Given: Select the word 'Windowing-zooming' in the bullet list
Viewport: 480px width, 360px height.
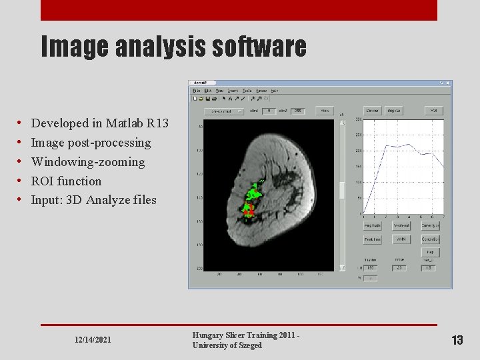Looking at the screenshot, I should [x=88, y=162].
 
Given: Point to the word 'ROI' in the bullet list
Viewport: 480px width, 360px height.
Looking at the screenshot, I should [x=43, y=181].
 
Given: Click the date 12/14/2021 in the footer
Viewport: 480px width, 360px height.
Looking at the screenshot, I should [x=93, y=340].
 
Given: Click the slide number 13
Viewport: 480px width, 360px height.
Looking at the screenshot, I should [x=457, y=340].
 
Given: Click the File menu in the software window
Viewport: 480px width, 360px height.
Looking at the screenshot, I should [x=197, y=91].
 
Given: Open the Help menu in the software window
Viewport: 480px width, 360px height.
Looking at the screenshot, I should [x=275, y=91].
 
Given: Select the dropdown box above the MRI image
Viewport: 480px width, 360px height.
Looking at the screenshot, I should [x=223, y=111].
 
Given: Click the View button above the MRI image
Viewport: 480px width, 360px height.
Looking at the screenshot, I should [x=324, y=111].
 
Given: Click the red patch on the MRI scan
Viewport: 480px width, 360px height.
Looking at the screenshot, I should [x=249, y=211].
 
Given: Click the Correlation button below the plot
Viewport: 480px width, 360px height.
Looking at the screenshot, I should [x=431, y=239].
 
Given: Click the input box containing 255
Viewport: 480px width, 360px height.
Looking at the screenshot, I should [x=297, y=111].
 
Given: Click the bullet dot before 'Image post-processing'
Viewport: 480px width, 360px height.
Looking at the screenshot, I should [x=20, y=143].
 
